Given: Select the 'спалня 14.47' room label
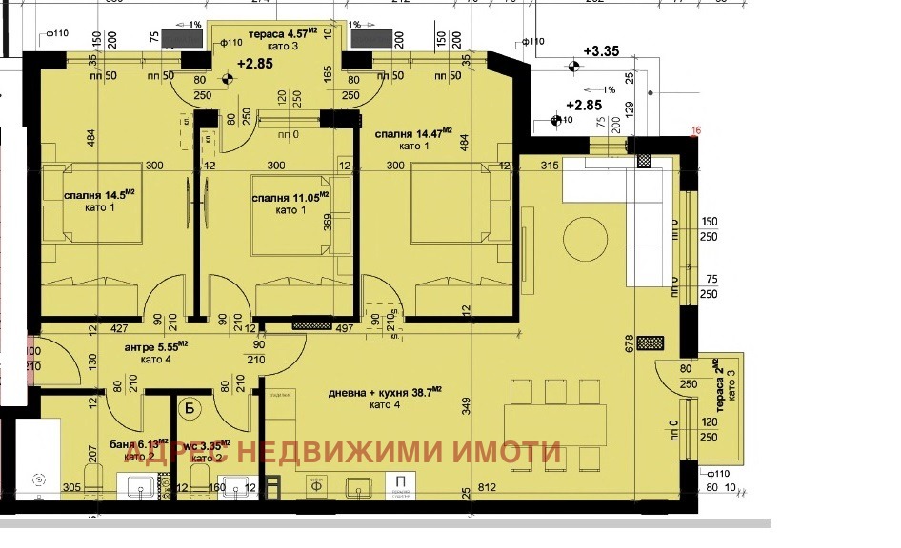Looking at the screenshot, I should click(412, 134).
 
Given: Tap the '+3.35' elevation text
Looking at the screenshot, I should click(601, 50).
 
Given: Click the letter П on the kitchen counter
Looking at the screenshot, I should click(401, 483).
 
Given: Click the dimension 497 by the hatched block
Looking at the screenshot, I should click(344, 328).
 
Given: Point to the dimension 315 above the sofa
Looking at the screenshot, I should click(548, 166).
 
